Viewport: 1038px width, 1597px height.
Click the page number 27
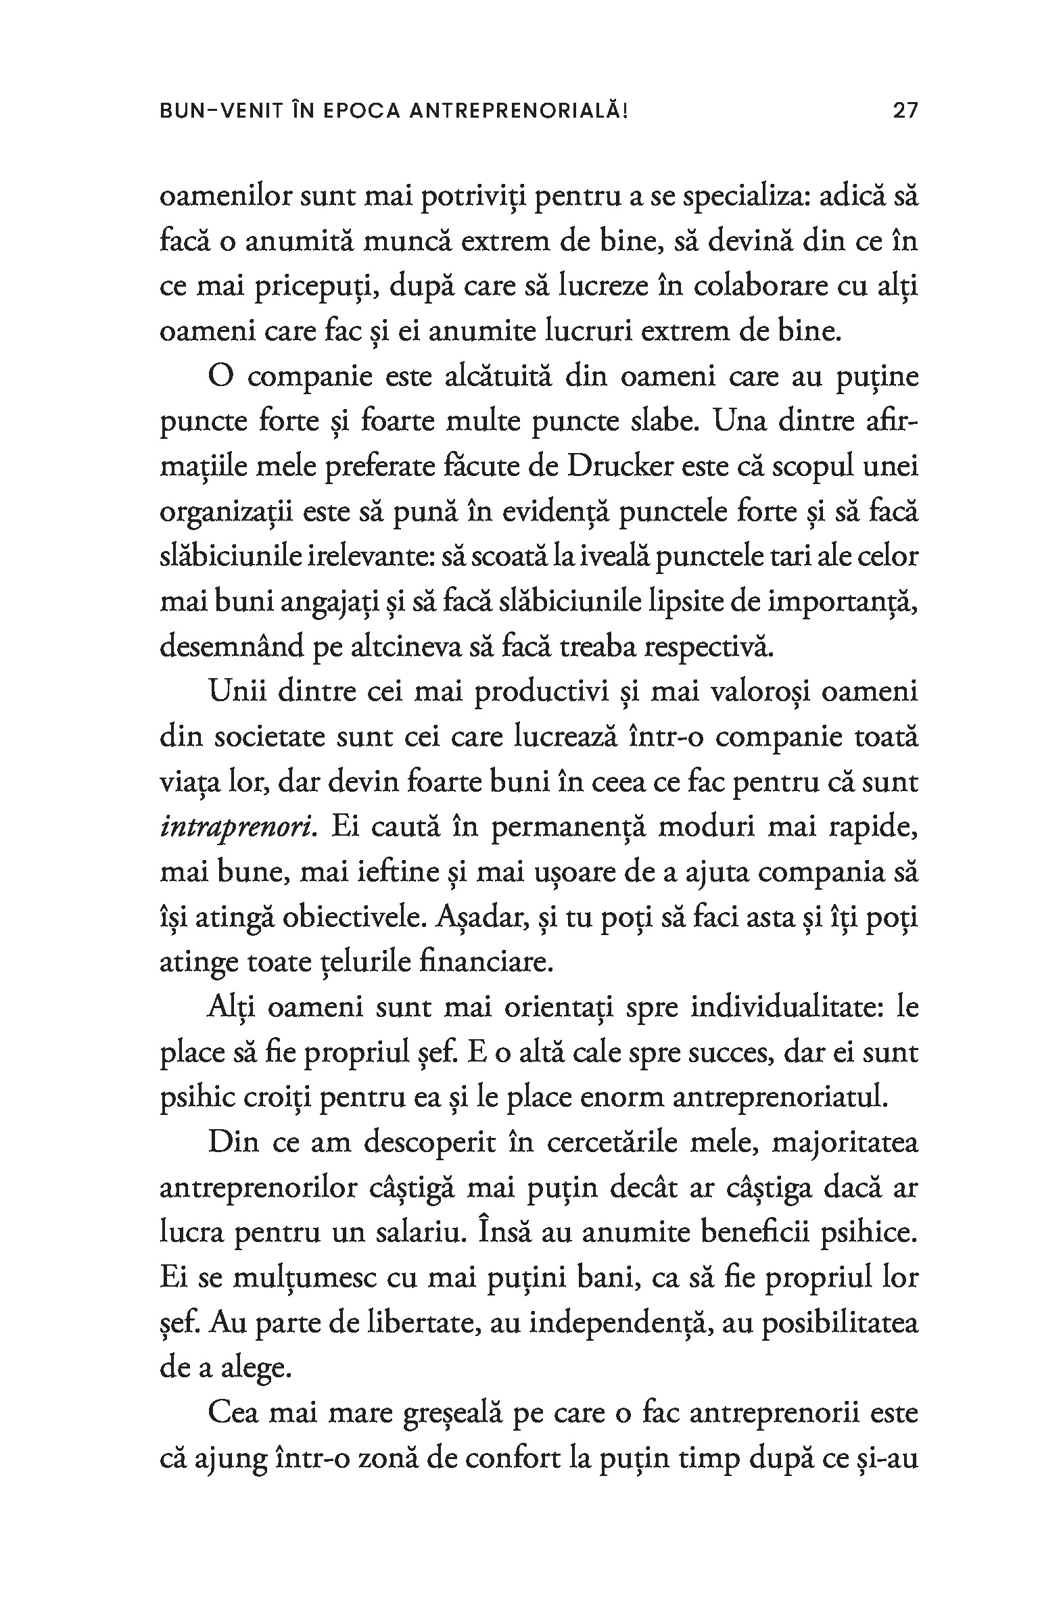pos(905,110)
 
